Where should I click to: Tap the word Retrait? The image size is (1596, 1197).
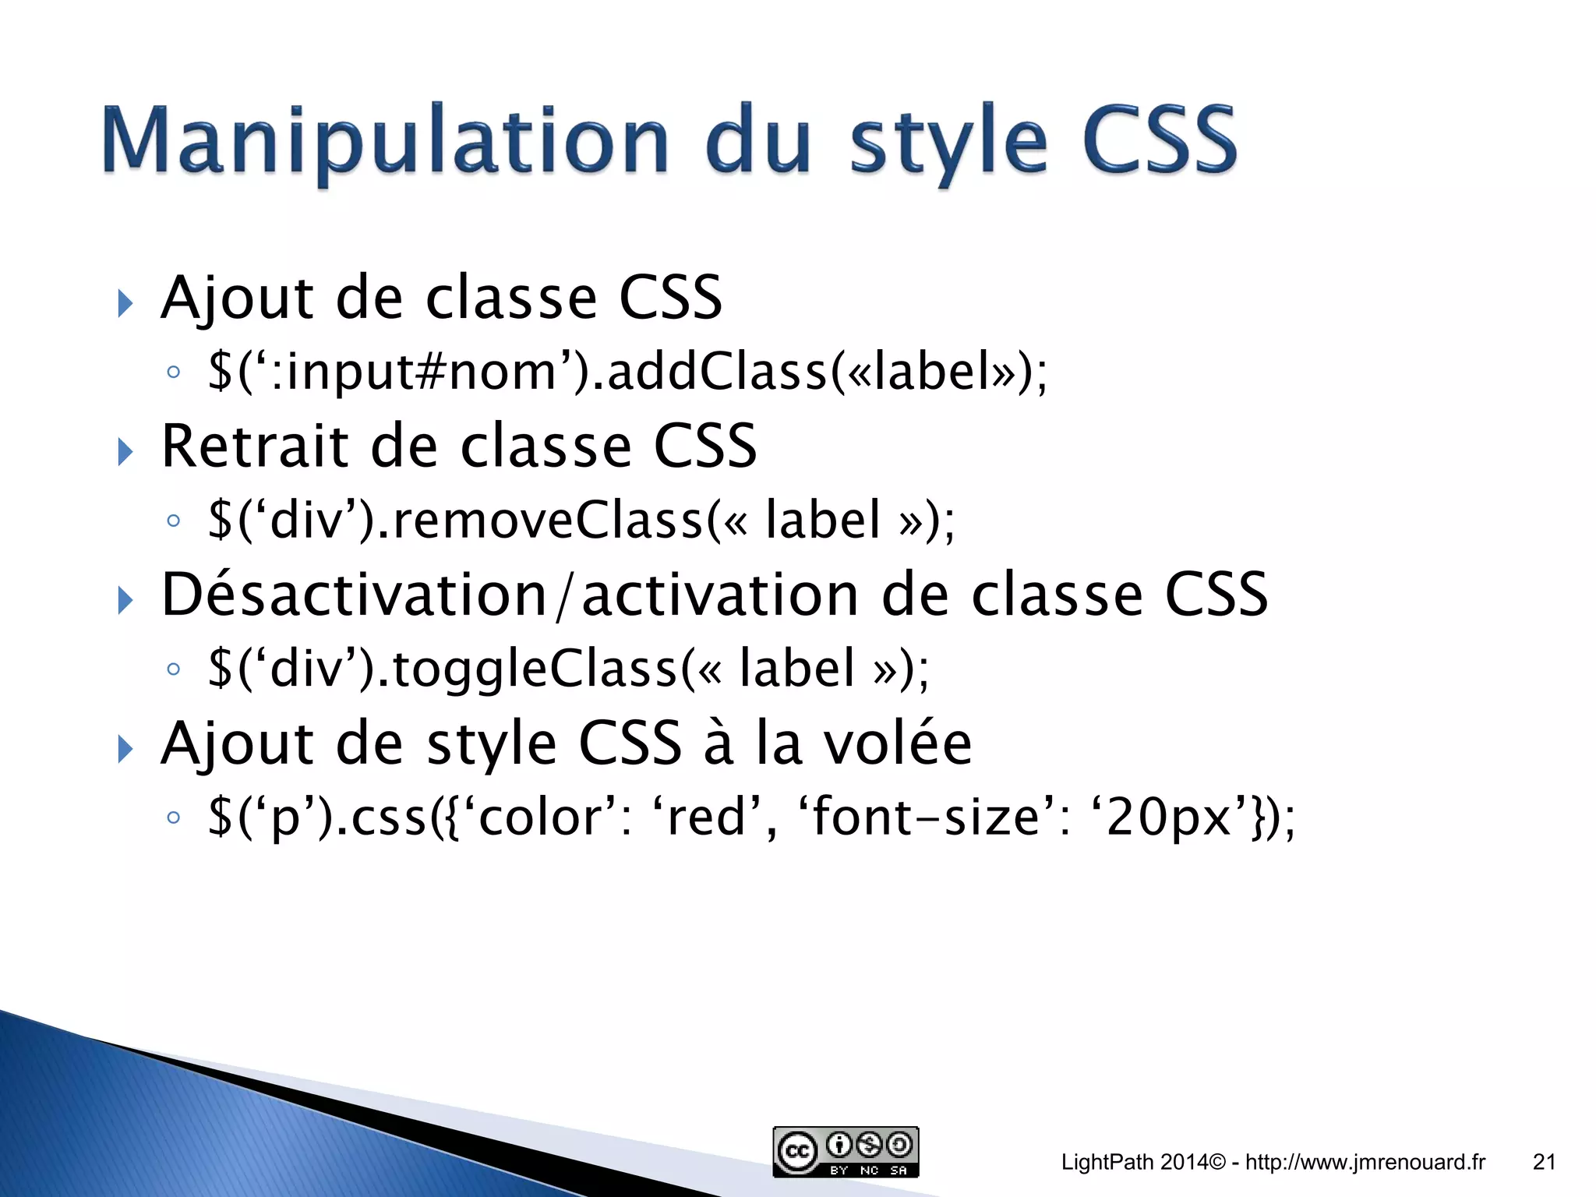(x=254, y=446)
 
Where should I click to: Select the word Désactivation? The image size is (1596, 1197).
(x=354, y=595)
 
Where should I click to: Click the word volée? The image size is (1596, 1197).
(x=898, y=743)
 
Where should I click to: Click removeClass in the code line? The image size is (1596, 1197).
(x=549, y=520)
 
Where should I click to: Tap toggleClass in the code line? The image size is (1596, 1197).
(x=535, y=669)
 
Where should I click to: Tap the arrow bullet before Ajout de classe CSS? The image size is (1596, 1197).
(x=125, y=303)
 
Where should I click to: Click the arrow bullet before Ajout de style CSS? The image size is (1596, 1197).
(x=125, y=749)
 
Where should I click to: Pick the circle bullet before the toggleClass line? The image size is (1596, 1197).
(x=174, y=669)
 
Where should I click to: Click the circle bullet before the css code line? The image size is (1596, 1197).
(x=174, y=817)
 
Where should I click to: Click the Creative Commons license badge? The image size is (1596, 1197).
(x=846, y=1151)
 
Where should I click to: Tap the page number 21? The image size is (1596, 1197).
(x=1544, y=1162)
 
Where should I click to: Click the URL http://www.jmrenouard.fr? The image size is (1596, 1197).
(x=1365, y=1162)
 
